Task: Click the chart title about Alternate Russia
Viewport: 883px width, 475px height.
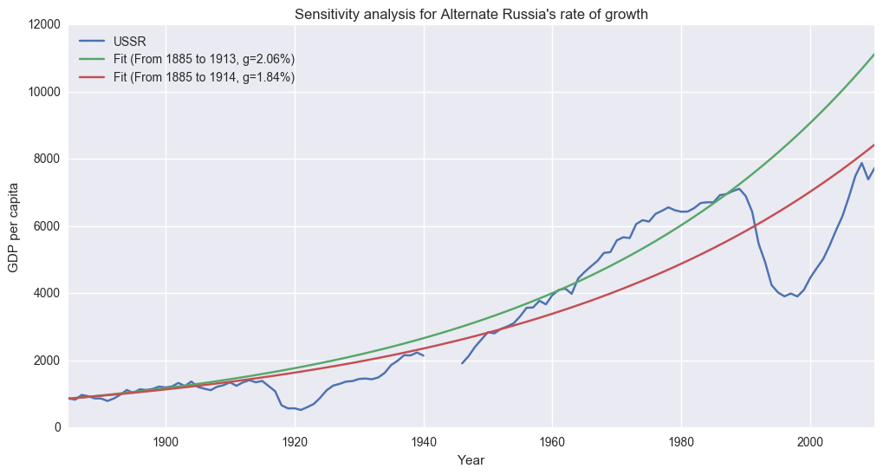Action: point(471,14)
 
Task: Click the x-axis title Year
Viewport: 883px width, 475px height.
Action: point(471,461)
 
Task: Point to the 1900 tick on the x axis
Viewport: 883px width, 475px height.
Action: point(166,440)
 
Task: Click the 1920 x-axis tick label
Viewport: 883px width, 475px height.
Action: point(295,440)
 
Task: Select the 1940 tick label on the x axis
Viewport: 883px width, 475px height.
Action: point(424,440)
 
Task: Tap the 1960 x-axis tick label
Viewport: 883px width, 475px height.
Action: point(552,440)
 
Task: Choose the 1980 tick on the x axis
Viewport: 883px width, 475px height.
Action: point(681,440)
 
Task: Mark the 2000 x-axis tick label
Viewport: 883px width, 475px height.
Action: point(810,440)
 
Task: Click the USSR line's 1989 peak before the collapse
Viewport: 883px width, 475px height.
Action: point(739,188)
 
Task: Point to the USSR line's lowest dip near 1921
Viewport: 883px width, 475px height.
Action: point(301,409)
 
